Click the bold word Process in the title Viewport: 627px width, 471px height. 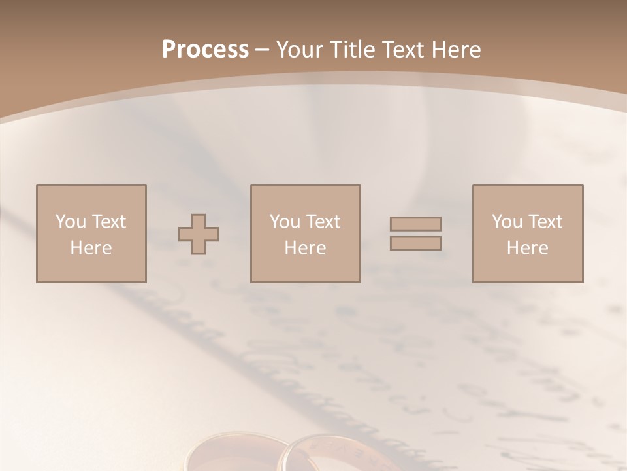pos(205,50)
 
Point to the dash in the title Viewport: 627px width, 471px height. pos(262,50)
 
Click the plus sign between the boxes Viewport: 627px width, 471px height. pos(199,234)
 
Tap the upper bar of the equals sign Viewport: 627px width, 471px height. pos(415,224)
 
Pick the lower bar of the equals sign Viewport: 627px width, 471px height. pos(415,243)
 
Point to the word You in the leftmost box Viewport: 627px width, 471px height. pos(70,222)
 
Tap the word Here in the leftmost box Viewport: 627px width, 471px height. pos(91,248)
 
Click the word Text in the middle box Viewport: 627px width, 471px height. pos(322,222)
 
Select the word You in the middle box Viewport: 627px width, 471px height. pos(284,222)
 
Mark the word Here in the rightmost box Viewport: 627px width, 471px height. pos(527,248)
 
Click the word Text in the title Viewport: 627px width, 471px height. pos(403,50)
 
